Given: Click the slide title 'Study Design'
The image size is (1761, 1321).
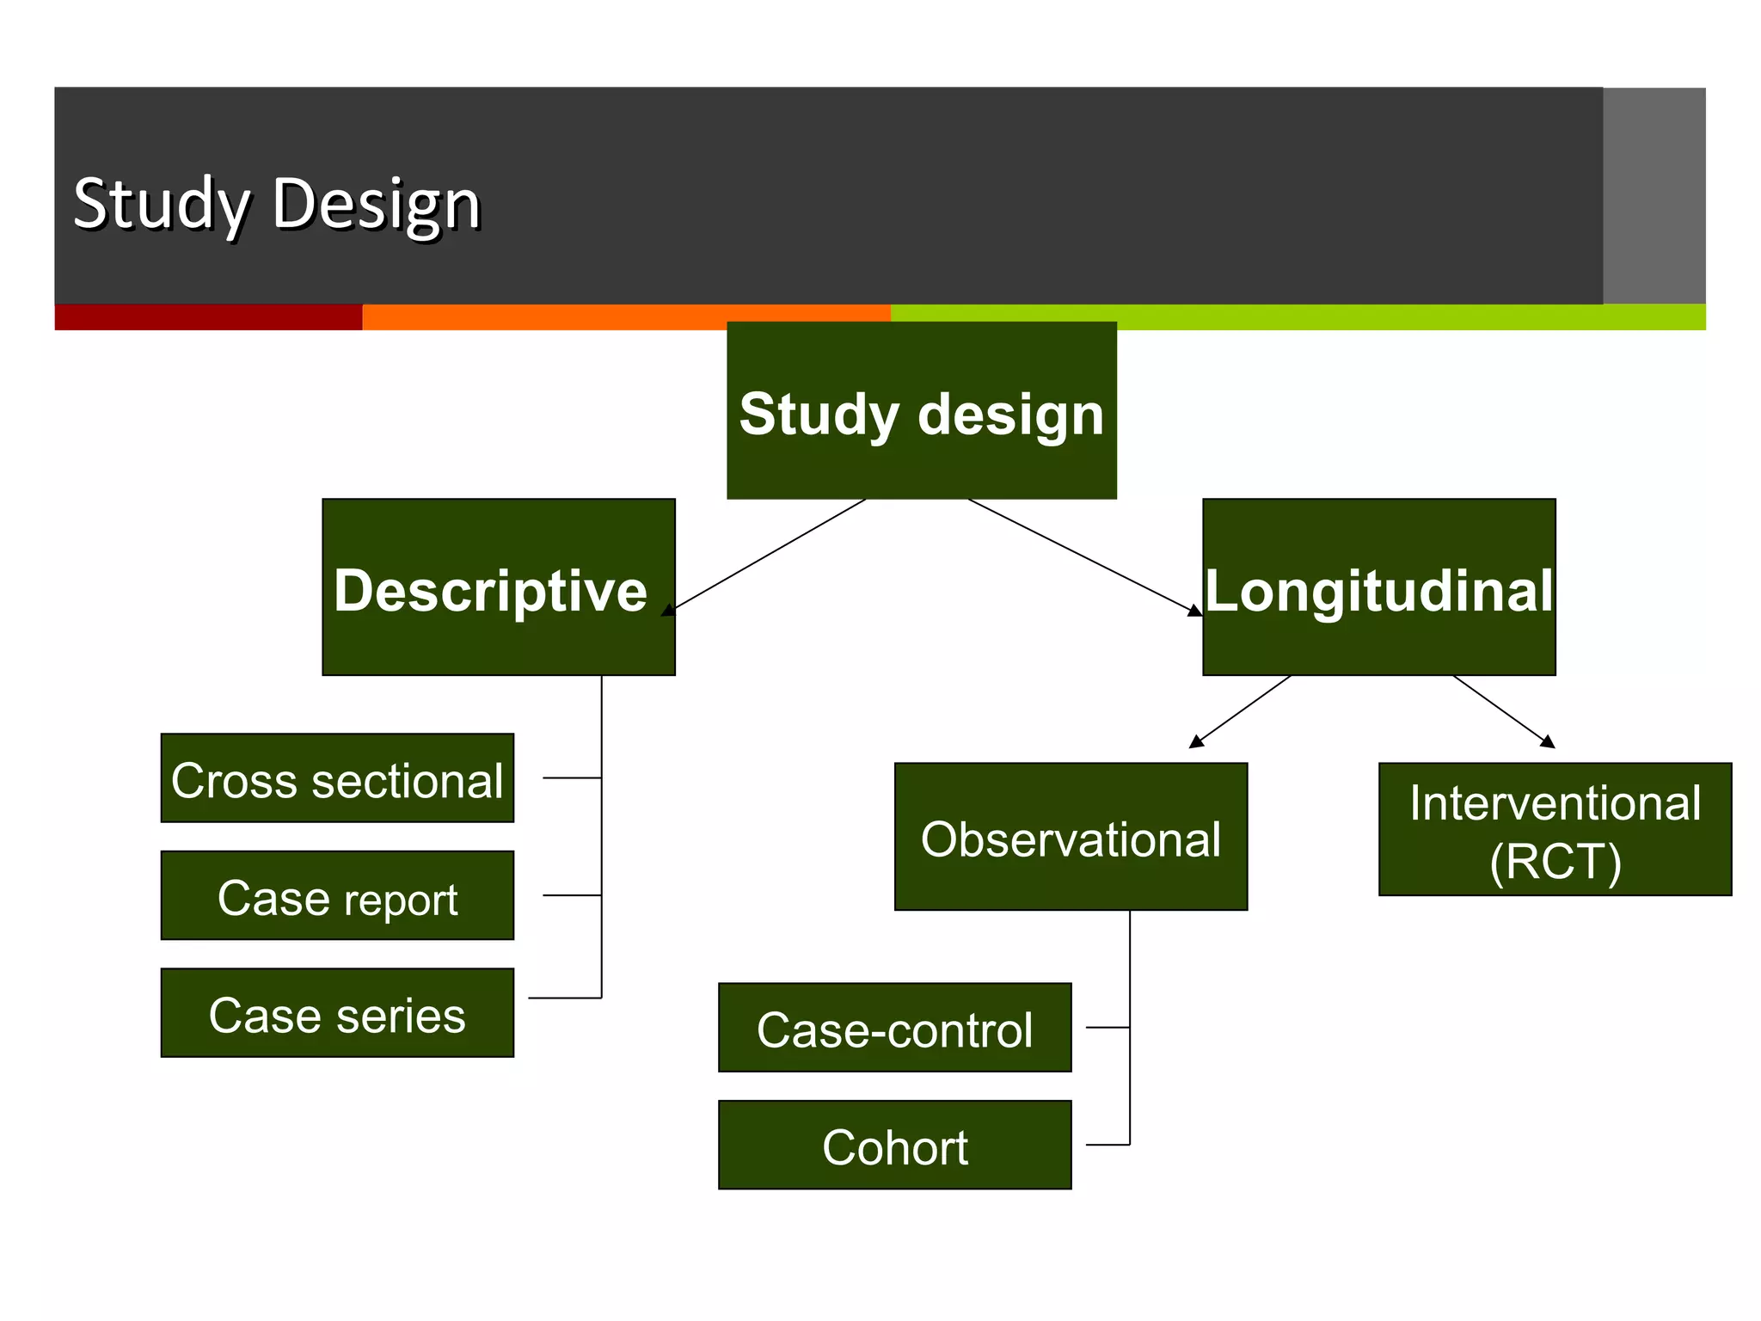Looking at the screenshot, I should tap(277, 205).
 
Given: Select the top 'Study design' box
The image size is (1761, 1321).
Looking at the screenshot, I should tap(921, 411).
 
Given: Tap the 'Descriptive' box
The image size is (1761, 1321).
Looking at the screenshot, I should tap(498, 587).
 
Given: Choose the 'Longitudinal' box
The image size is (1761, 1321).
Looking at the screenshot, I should tap(1378, 587).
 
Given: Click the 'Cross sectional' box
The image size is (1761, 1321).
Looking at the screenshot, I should tap(337, 778).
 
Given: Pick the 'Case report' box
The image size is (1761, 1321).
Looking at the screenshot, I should tap(337, 896).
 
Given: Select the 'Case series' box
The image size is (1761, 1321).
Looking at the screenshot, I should tap(337, 1013).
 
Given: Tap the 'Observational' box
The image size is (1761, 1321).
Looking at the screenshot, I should tap(1071, 837).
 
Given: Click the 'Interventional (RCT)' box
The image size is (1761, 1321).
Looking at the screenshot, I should tap(1555, 829).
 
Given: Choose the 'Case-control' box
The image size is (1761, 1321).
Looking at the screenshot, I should tap(894, 1028).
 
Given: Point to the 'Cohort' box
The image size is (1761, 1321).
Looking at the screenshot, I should tap(894, 1146).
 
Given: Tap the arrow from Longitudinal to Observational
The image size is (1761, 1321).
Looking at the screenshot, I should tap(1240, 711).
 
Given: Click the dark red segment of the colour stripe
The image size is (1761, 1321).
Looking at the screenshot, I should tap(208, 317).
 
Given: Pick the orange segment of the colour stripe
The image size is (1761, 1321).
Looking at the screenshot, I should tap(626, 317).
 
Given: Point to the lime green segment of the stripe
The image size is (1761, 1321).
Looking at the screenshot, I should tap(1410, 317).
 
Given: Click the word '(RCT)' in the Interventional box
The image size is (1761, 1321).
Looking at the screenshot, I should tap(1555, 862).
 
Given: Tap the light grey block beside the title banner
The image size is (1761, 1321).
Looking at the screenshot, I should tap(1654, 195).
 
